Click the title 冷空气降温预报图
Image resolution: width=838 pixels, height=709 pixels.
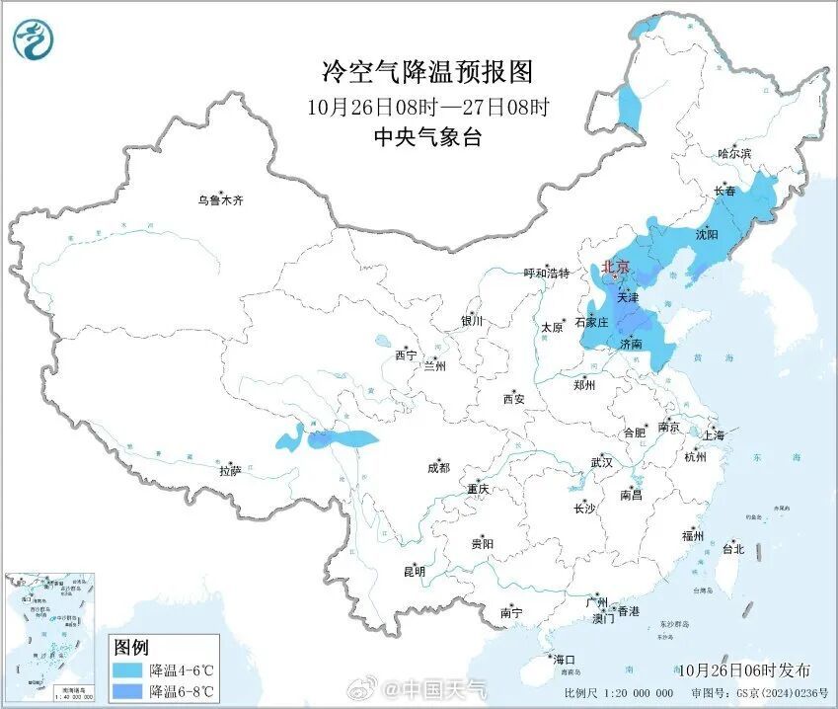pyautogui.click(x=427, y=72)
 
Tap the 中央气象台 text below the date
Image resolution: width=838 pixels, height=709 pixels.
pyautogui.click(x=427, y=137)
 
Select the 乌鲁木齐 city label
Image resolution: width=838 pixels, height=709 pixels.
pyautogui.click(x=219, y=200)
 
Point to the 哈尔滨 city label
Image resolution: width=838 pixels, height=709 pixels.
pyautogui.click(x=734, y=154)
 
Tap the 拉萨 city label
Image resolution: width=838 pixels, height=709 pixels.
pyautogui.click(x=230, y=471)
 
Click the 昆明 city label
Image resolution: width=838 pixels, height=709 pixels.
pyautogui.click(x=414, y=571)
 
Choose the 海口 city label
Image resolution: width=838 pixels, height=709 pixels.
pyautogui.click(x=564, y=659)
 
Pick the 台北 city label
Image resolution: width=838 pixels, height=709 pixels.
pyautogui.click(x=732, y=549)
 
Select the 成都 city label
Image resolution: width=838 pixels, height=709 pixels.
pyautogui.click(x=438, y=468)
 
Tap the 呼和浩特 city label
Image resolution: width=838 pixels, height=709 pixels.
pyautogui.click(x=546, y=274)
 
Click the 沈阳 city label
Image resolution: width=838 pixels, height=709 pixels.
pyautogui.click(x=706, y=235)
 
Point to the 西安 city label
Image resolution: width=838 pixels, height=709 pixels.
pyautogui.click(x=514, y=399)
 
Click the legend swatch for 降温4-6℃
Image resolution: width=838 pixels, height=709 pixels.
pyautogui.click(x=126, y=670)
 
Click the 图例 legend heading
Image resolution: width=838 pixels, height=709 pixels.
pyautogui.click(x=130, y=648)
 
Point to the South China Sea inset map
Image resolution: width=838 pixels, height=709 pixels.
pyautogui.click(x=51, y=632)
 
